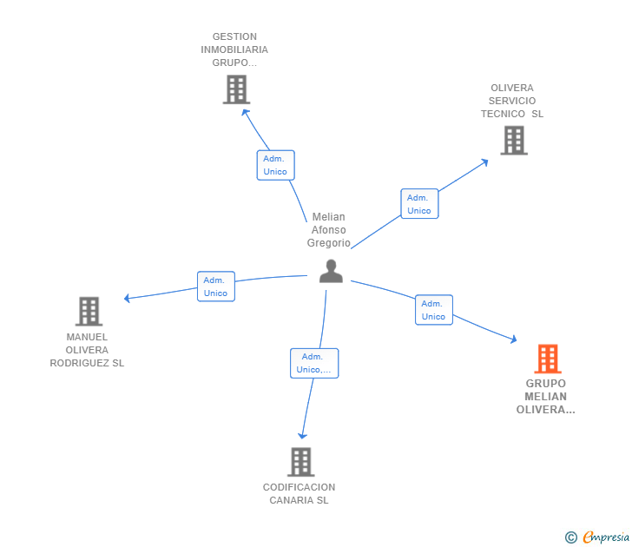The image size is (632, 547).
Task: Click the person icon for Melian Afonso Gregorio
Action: [x=331, y=271]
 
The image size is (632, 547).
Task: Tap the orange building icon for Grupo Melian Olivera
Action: [x=547, y=358]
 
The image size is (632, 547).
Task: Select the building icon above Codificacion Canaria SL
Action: [x=300, y=462]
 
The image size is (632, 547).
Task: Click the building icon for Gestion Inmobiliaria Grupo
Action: [x=236, y=89]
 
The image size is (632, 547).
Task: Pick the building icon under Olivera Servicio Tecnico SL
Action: [x=513, y=140]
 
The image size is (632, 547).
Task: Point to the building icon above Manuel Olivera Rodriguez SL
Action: [x=89, y=311]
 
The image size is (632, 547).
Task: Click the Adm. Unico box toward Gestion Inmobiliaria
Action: [x=275, y=165]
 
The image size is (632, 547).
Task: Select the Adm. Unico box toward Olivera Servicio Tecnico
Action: [x=419, y=204]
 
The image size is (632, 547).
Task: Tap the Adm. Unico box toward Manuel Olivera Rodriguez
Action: [x=215, y=287]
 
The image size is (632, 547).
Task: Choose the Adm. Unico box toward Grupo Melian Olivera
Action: [x=433, y=310]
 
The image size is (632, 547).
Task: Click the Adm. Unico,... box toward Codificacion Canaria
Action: [x=313, y=363]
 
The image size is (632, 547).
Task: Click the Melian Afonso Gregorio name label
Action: [x=329, y=230]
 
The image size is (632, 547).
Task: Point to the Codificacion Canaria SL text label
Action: [x=300, y=493]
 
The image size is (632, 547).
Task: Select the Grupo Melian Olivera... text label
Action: [x=545, y=397]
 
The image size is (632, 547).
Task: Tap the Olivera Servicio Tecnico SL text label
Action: [x=512, y=101]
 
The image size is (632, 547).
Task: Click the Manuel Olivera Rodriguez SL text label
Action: [x=87, y=350]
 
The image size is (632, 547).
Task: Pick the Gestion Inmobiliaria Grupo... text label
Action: [x=234, y=49]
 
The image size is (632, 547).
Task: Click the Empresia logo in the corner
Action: [x=598, y=537]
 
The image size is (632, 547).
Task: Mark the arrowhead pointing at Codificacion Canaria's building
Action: [x=302, y=435]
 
